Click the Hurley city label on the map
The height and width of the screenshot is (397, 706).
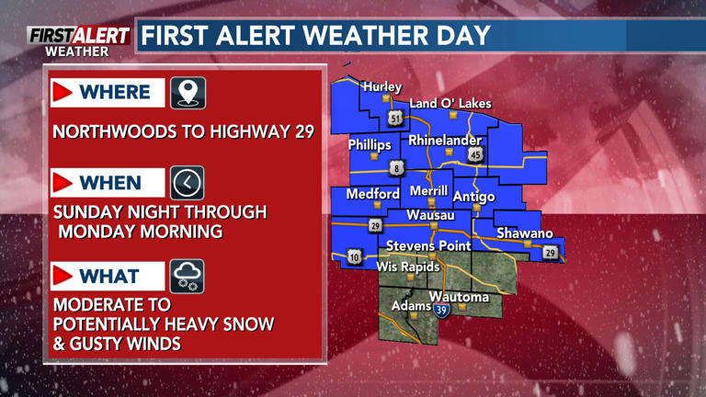coord(381,87)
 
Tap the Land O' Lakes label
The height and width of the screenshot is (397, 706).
coord(450,104)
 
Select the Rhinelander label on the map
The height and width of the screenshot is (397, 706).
coord(445,141)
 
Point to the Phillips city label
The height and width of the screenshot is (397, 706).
coord(370,145)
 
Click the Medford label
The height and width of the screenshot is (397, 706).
coord(372,194)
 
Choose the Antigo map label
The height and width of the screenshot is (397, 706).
coord(474,197)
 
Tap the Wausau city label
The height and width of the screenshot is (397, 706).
coord(431,215)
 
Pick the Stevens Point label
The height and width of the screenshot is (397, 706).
coord(428,246)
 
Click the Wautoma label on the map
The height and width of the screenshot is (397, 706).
coord(460,298)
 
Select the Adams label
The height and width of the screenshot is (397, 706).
coord(411,306)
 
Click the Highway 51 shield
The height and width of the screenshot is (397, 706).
coord(395,119)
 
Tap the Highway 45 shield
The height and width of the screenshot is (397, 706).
coord(475,155)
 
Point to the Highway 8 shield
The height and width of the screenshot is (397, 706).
coord(397,168)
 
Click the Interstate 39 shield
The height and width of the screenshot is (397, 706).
coord(442,312)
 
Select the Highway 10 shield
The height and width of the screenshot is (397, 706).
coord(355,257)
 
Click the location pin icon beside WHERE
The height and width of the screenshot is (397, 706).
coord(188,93)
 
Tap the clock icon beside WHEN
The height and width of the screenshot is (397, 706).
coord(188,183)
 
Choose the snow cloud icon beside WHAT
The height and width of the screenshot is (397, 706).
coord(188,277)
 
